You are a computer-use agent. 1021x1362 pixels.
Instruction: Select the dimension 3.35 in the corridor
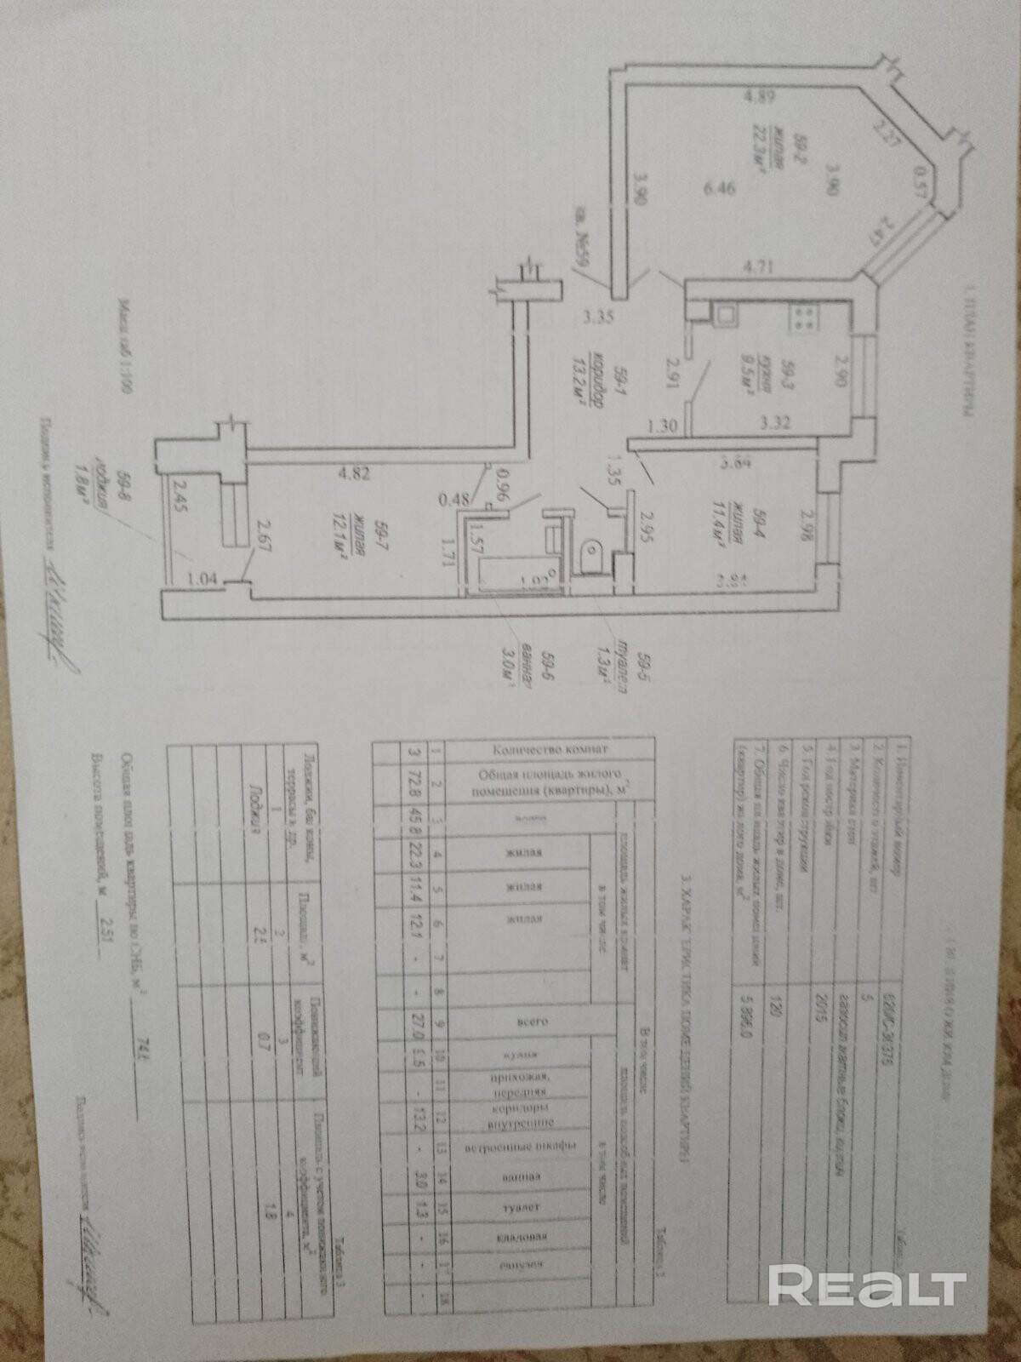[x=599, y=318]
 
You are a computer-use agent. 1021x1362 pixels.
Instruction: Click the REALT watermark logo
[x=868, y=1285]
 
